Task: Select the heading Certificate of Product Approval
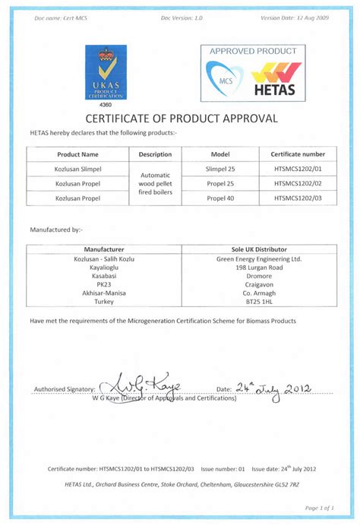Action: [x=180, y=119]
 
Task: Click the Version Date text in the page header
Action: [x=293, y=17]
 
